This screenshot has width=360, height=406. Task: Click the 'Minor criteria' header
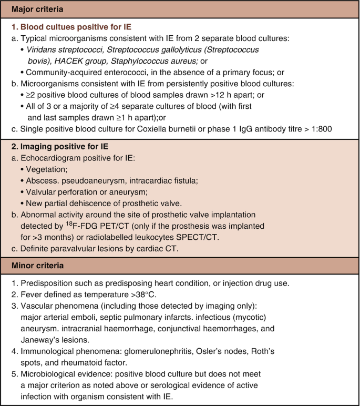click(x=34, y=266)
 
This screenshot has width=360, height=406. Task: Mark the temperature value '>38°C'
click(x=160, y=295)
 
